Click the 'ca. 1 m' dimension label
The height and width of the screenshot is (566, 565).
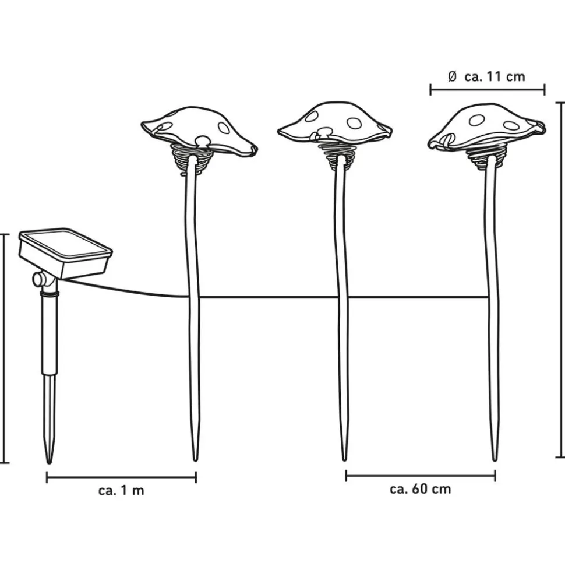coord(121,491)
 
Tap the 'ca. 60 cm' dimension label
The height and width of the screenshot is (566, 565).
coord(421,489)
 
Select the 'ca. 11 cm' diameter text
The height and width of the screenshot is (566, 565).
coord(495,76)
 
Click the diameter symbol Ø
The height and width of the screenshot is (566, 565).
coord(453,76)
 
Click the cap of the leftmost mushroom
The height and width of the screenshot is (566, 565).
coord(199,130)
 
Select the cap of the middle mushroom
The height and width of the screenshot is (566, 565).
coord(334,123)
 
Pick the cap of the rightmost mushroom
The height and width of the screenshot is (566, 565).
coord(487,126)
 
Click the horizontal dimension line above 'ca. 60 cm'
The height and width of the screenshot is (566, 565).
coord(421,476)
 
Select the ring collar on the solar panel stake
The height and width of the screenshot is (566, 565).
coord(50,294)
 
